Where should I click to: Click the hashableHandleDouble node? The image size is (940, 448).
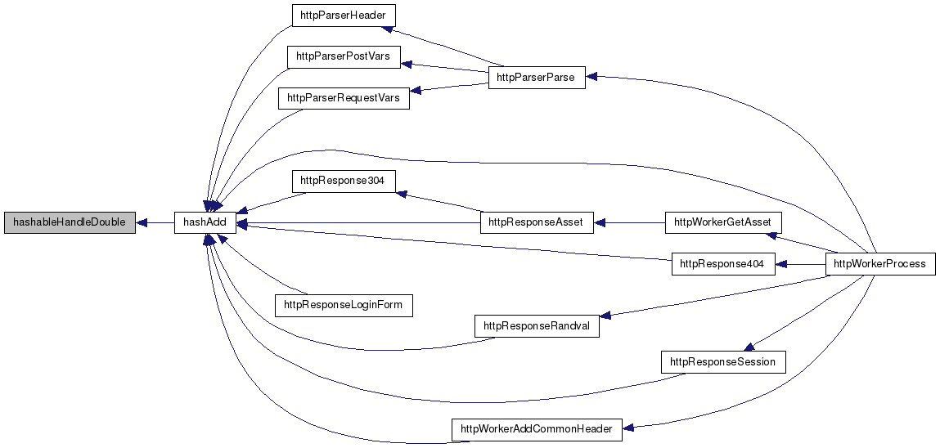pos(69,222)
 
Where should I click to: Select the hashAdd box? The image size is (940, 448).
pos(205,222)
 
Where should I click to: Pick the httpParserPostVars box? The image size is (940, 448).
pos(344,57)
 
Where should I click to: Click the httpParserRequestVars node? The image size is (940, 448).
pos(344,99)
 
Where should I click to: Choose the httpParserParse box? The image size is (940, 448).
pos(537,78)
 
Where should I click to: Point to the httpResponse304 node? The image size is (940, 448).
pos(344,181)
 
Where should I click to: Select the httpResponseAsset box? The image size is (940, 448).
pos(537,222)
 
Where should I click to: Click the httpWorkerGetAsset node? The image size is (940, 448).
pos(724,222)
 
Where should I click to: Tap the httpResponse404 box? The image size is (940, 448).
pos(723,264)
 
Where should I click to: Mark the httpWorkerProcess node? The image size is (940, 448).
pos(881,264)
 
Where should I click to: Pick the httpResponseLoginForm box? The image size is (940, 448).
pos(344,306)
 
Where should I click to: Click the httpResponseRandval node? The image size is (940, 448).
pos(537,326)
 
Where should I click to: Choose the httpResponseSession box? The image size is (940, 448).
pos(723,361)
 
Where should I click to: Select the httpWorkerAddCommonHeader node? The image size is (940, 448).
pos(537,429)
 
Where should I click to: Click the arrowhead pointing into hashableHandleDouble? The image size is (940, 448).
pos(142,222)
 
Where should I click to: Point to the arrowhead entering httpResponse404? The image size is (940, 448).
pos(781,264)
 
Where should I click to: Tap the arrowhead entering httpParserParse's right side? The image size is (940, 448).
pos(592,76)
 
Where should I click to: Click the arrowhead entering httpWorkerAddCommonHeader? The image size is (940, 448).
pos(629,428)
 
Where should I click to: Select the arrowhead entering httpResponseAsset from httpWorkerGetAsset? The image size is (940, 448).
pos(600,222)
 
